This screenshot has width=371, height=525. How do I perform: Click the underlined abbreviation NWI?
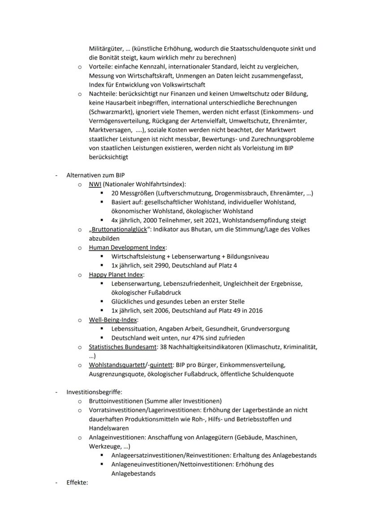click(95, 184)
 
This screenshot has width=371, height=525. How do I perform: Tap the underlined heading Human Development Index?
click(127, 247)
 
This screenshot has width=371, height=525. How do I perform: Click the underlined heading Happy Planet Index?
click(116, 274)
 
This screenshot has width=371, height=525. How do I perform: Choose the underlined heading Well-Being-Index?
click(113, 320)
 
